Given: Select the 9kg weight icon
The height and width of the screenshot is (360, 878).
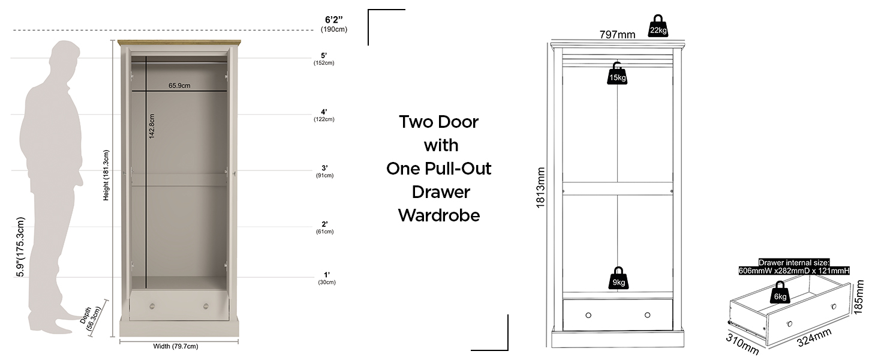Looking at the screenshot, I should pyautogui.click(x=617, y=278).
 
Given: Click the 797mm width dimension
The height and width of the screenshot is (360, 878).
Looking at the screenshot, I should pyautogui.click(x=617, y=35).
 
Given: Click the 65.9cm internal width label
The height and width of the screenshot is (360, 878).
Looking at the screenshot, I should pyautogui.click(x=179, y=85).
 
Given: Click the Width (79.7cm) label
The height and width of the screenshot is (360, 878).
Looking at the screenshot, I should pyautogui.click(x=176, y=346).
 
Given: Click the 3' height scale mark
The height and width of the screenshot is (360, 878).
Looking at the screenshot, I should pyautogui.click(x=324, y=169).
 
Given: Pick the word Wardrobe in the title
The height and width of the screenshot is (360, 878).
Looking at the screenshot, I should pyautogui.click(x=439, y=215).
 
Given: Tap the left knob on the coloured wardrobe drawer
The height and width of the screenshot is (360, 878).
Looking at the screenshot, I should pyautogui.click(x=152, y=306).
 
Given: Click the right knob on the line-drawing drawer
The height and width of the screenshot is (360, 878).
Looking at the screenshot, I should pyautogui.click(x=647, y=315).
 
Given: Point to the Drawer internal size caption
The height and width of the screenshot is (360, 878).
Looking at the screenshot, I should pyautogui.click(x=793, y=266).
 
